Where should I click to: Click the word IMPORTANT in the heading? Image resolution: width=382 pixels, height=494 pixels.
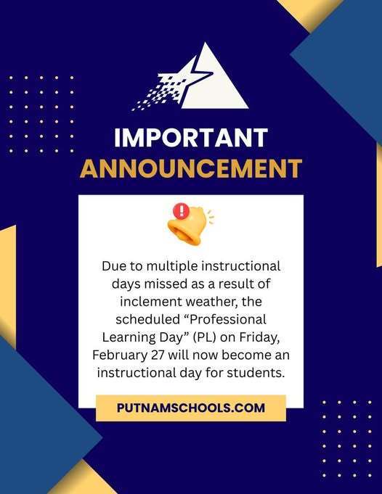[x=191, y=138]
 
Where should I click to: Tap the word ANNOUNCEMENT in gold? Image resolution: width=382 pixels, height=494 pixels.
[x=191, y=168]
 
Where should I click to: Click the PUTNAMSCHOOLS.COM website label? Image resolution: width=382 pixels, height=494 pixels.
[x=191, y=408]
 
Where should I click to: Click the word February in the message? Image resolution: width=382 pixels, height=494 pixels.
[x=120, y=355]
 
